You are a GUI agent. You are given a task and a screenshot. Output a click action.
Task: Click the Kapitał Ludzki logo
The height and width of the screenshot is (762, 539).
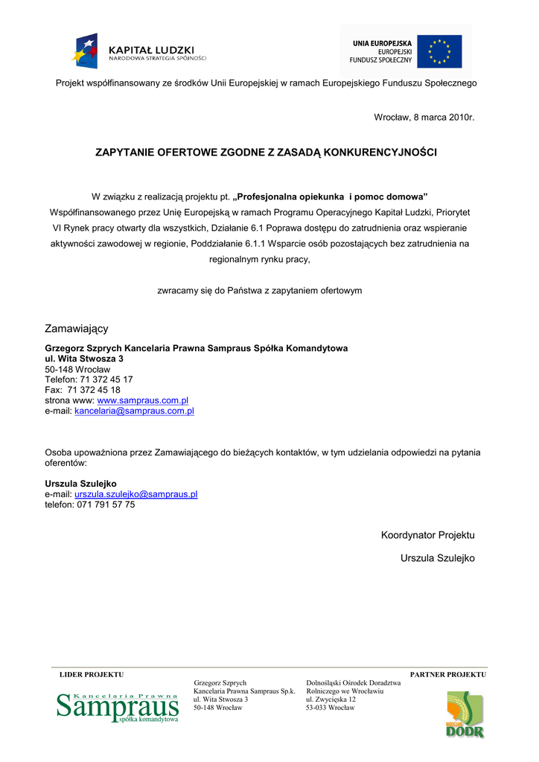tap(139, 51)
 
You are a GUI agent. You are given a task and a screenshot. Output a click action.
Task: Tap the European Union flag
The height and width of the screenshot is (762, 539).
tap(439, 51)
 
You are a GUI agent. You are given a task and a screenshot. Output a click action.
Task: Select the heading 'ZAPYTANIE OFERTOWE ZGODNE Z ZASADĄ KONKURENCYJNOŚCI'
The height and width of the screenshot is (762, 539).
tap(267, 153)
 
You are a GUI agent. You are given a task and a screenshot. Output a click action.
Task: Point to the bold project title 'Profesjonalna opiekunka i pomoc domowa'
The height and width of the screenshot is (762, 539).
tap(331, 196)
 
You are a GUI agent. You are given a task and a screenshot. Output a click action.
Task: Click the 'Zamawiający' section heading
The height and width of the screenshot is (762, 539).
tap(77, 328)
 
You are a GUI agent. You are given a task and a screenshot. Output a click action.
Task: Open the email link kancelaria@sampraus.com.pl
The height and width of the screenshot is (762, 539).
tap(134, 410)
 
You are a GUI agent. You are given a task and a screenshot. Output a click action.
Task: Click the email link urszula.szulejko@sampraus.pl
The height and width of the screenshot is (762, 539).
tap(135, 493)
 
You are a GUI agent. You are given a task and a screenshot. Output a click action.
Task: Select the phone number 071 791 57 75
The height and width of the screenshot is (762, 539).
tap(106, 504)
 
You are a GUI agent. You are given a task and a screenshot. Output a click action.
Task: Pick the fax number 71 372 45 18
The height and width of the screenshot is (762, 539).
tap(94, 389)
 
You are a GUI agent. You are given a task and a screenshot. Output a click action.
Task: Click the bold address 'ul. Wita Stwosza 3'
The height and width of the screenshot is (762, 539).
tap(84, 359)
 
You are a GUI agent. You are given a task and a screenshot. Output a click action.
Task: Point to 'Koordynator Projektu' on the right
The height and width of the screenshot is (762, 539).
tap(427, 535)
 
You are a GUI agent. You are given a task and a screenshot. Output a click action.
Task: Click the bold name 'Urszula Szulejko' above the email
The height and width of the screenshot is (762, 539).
tap(80, 483)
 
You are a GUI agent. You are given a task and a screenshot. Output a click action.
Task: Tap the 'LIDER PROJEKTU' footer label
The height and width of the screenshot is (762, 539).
tap(92, 674)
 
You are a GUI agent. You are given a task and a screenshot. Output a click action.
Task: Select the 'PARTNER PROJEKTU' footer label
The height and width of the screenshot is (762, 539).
tap(448, 674)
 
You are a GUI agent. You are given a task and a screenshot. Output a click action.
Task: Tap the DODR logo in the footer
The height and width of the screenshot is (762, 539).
tap(465, 715)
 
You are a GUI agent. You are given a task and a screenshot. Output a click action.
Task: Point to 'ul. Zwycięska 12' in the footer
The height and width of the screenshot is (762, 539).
tap(331, 699)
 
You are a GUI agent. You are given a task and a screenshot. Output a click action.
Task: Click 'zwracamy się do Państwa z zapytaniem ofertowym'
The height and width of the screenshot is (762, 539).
tap(260, 290)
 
